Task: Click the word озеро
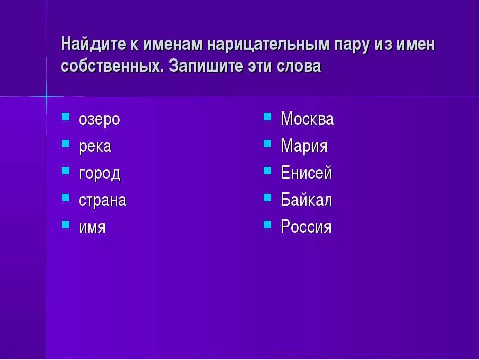tap(99, 120)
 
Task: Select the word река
tap(95, 147)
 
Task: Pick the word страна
tap(102, 201)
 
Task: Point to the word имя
tap(92, 228)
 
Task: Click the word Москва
tap(307, 119)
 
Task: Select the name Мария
tap(304, 147)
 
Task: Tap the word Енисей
tap(306, 174)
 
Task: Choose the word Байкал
tap(306, 201)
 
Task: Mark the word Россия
tap(306, 228)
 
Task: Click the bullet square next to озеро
tap(65, 117)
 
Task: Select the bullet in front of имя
tap(65, 224)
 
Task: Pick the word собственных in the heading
tap(113, 66)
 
